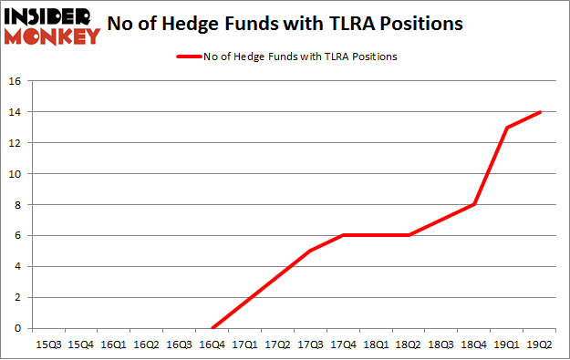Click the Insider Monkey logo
[51, 26]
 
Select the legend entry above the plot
[285, 57]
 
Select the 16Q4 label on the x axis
[212, 344]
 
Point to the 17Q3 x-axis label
[310, 344]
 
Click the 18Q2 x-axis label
[409, 344]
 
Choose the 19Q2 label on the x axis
[540, 344]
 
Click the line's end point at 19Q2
[540, 112]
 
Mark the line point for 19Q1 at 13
[507, 128]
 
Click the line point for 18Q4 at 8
[474, 205]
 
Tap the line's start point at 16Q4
[212, 328]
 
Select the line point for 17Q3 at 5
[310, 251]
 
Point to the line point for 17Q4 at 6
[343, 235]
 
